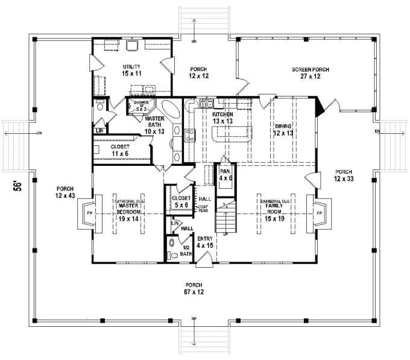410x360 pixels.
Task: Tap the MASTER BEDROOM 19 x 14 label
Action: pyautogui.click(x=128, y=212)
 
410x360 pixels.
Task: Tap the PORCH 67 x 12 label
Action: pyautogui.click(x=194, y=288)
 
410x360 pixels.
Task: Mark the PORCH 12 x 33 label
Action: pyautogui.click(x=344, y=175)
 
